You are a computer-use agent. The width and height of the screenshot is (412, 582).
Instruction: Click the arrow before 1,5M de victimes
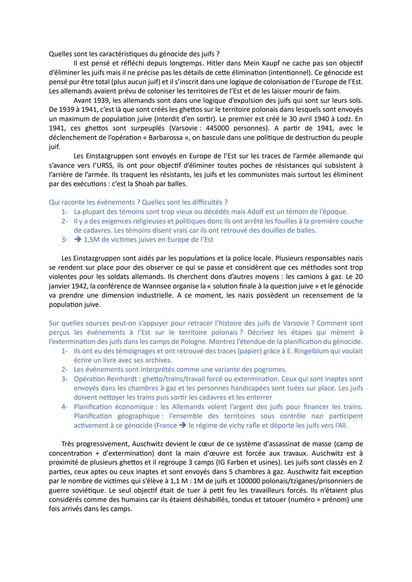point(78,240)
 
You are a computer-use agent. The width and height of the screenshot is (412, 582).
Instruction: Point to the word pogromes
point(271,370)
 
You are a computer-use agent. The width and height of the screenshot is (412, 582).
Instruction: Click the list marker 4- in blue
point(64,407)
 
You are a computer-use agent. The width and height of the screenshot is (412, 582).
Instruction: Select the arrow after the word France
point(182,425)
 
